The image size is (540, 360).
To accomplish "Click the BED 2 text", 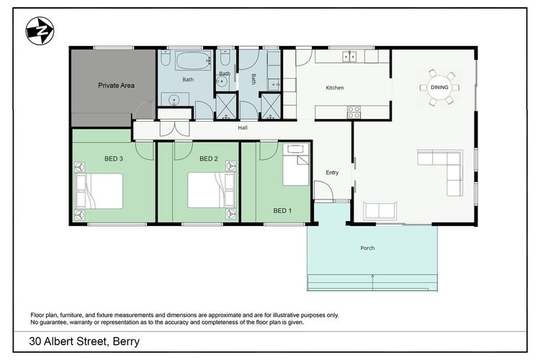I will tap(208, 158).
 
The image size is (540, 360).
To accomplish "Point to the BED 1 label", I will tap(283, 211).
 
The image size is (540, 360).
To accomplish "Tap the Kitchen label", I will tap(335, 88).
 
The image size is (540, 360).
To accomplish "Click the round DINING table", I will tap(439, 87).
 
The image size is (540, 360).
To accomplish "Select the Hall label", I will tap(243, 128).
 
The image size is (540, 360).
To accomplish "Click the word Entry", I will tap(332, 172).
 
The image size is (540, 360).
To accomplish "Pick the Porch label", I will tap(367, 248).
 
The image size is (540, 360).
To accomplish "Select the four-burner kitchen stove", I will tap(354, 112).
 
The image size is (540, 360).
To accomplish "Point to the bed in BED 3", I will tap(100, 191).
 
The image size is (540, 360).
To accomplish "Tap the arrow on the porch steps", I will tap(372, 276).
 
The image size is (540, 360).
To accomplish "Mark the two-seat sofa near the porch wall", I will tap(380, 210).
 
